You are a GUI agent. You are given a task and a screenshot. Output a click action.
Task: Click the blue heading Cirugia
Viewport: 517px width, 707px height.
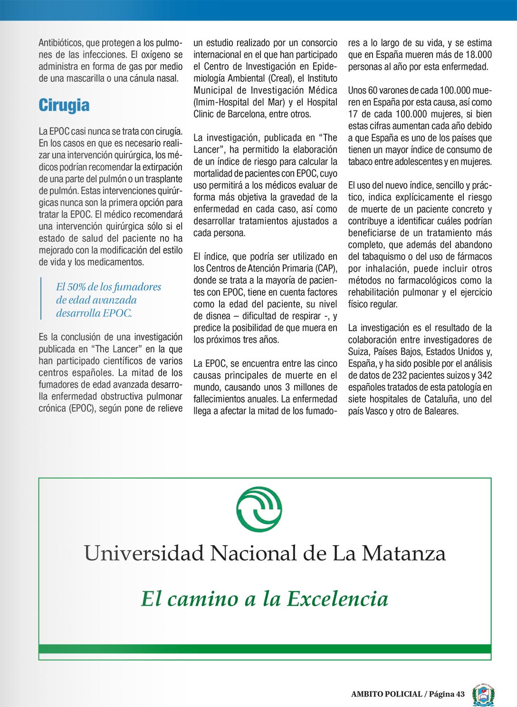coord(64,105)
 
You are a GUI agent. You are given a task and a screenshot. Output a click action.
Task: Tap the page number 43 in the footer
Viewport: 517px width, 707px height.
coord(460,694)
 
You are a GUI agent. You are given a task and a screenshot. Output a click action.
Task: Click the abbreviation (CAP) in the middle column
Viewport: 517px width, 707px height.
coord(326,268)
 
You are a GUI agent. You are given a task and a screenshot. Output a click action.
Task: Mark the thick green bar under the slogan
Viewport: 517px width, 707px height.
coord(265,649)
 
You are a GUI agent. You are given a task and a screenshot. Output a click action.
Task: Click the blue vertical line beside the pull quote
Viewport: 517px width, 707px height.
coord(41,298)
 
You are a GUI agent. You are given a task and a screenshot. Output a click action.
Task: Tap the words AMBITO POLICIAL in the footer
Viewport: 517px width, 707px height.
coord(386,694)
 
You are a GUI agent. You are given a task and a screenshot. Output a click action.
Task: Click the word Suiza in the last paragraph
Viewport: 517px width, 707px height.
coord(358,352)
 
